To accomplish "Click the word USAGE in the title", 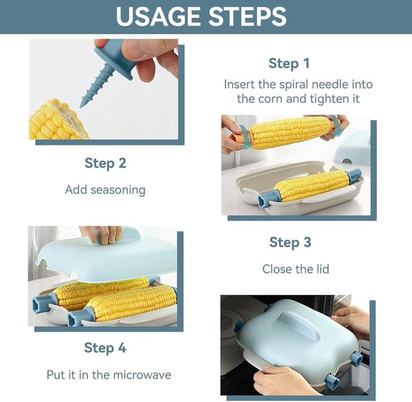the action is tap(159, 16).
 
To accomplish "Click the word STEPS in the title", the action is tap(247, 16).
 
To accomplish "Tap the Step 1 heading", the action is tap(289, 64).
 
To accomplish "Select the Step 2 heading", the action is tap(105, 164).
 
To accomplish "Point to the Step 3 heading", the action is tap(290, 243).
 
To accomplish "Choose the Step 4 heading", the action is tap(105, 348).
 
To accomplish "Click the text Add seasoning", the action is tap(105, 190).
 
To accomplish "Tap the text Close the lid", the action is tap(295, 269).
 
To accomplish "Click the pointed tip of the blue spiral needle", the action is tap(81, 107).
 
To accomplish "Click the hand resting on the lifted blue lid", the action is tap(102, 234).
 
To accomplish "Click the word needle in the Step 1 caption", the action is tap(330, 85).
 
